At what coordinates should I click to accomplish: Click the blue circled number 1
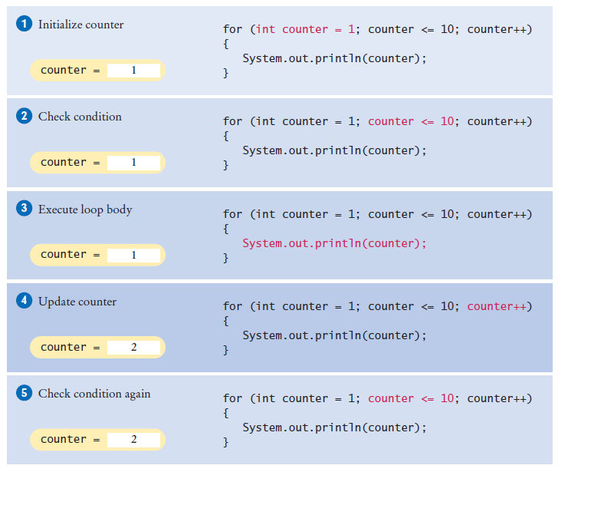(x=25, y=25)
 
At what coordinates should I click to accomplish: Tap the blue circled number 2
(x=25, y=117)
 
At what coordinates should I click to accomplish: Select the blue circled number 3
(x=25, y=209)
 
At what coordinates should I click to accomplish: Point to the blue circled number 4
(x=25, y=302)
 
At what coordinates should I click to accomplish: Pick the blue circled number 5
(x=25, y=394)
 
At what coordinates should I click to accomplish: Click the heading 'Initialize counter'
(x=80, y=25)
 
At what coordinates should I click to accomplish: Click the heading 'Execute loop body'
(x=85, y=209)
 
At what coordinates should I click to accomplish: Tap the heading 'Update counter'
(x=77, y=302)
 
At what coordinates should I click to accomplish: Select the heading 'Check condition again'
(x=94, y=394)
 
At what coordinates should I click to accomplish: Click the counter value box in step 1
(x=133, y=71)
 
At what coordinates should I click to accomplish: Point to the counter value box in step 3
(x=133, y=255)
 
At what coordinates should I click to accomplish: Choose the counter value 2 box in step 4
(x=133, y=348)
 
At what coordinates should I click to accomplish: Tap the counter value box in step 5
(x=133, y=440)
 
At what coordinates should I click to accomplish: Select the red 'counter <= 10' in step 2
(x=412, y=121)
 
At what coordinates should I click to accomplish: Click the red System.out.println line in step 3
(x=334, y=243)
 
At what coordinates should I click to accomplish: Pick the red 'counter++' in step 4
(x=496, y=306)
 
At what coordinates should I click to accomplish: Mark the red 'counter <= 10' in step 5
(x=412, y=398)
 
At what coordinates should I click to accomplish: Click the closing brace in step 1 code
(x=225, y=74)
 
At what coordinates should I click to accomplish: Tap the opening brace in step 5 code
(x=225, y=413)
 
